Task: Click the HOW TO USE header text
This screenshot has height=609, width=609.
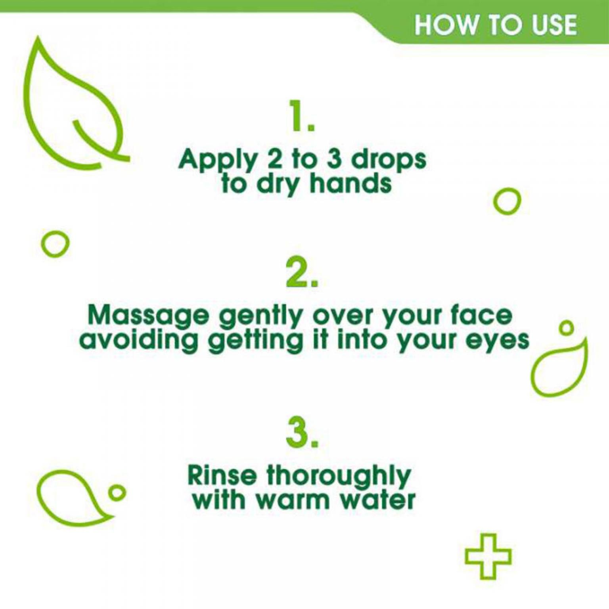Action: click(x=496, y=25)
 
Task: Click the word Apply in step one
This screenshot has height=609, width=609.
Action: click(x=218, y=162)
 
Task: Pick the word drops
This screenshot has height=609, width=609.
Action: click(x=389, y=161)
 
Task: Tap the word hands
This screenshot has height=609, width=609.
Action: click(x=350, y=183)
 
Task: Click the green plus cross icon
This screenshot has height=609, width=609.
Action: click(x=488, y=555)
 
